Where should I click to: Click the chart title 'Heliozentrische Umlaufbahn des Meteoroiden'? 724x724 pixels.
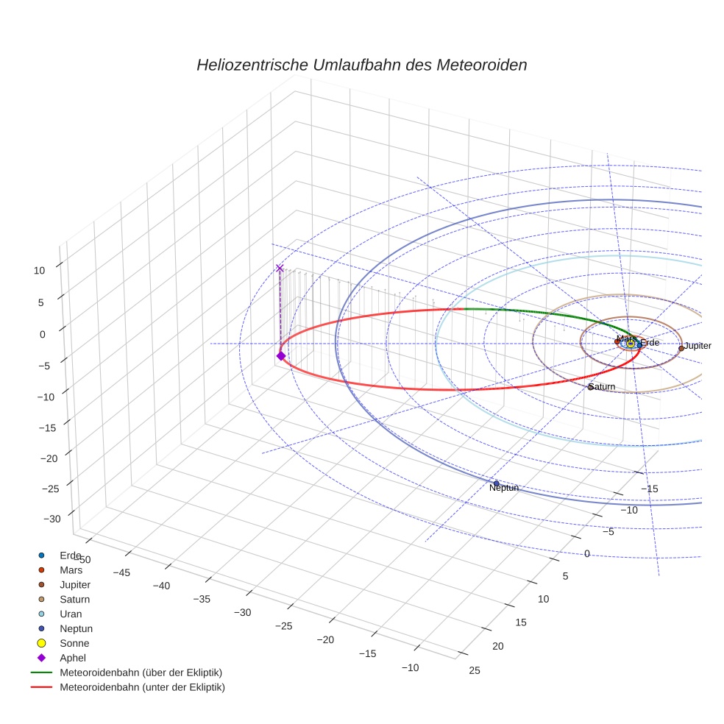coord(361,65)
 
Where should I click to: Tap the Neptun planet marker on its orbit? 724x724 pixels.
coord(496,483)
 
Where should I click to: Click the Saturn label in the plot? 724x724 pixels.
coord(602,387)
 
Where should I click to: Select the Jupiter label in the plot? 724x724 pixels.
coord(698,346)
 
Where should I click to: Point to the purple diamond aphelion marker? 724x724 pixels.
coord(280,356)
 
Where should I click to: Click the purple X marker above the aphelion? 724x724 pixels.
coord(280,269)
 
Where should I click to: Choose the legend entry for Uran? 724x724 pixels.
coord(71,614)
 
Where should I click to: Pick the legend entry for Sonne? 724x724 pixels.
coord(74,643)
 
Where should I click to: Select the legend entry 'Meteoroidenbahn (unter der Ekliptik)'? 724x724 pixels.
coord(142,687)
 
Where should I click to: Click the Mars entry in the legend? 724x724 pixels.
coord(71,569)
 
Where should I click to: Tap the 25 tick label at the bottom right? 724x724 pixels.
coord(475,670)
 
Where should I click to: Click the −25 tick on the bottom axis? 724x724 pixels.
coord(283,626)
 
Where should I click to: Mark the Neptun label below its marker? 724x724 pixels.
coord(504,488)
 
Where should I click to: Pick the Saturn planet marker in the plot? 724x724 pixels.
coord(590,387)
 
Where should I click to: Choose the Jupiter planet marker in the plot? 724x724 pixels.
coord(681,348)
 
